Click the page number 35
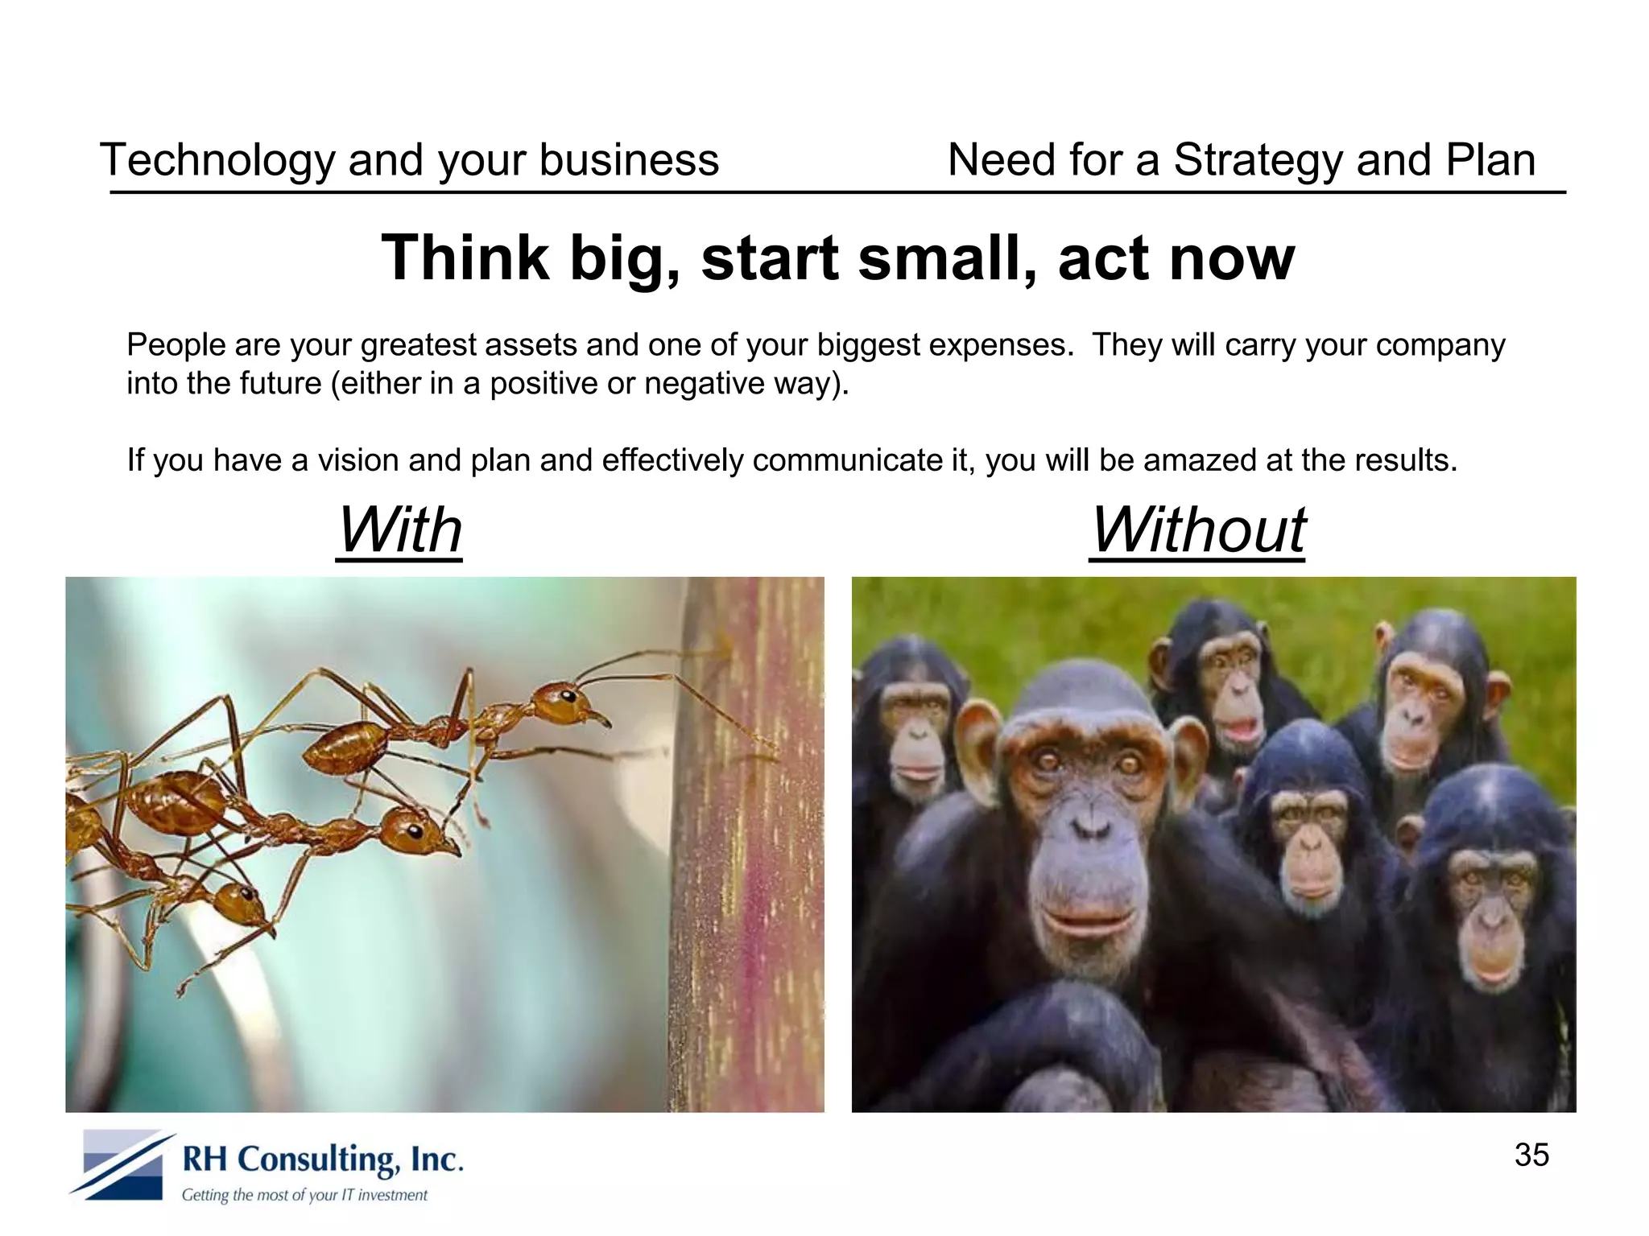tap(1531, 1155)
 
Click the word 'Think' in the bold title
tap(465, 258)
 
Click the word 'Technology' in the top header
tap(217, 160)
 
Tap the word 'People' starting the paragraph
tap(176, 345)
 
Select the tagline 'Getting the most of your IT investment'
tap(304, 1195)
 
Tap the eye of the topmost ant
tap(568, 696)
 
